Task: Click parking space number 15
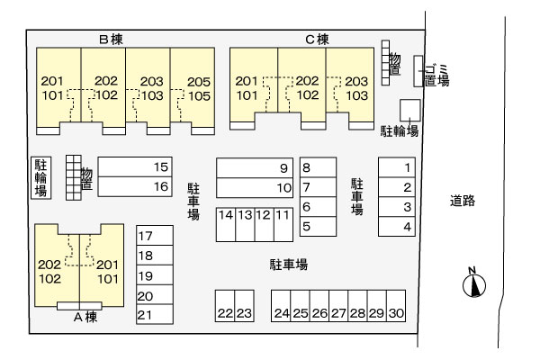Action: (135, 167)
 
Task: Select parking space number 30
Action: (396, 306)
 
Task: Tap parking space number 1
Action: (397, 167)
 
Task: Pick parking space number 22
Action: (225, 306)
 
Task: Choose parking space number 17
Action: (155, 236)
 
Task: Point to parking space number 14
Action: (226, 225)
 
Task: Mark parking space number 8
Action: (318, 167)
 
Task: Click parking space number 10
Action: (255, 188)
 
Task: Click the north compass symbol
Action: (474, 283)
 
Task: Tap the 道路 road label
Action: (463, 201)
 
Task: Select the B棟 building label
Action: (111, 40)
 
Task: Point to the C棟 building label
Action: (317, 40)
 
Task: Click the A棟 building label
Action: (85, 317)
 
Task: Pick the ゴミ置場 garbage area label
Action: (436, 75)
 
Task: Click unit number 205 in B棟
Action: (199, 82)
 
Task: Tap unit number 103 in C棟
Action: (357, 95)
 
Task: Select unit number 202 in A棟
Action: (49, 265)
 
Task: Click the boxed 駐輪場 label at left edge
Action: (41, 178)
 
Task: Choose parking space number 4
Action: (397, 226)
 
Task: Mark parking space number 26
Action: (319, 306)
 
